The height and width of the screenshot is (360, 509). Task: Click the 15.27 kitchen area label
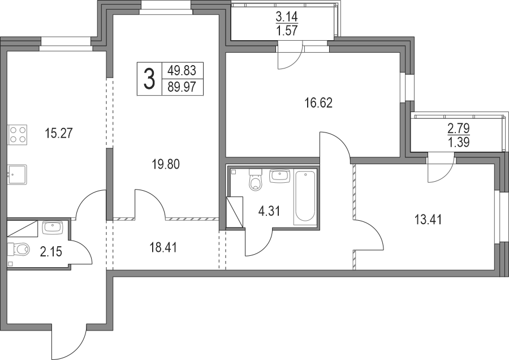click(x=59, y=134)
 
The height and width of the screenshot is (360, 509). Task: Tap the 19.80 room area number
click(x=166, y=164)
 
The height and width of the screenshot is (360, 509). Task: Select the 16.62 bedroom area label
click(x=319, y=104)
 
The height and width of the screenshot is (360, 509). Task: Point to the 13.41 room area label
click(x=428, y=220)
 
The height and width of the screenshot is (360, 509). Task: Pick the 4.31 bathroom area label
click(x=269, y=212)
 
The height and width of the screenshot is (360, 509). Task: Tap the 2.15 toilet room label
click(x=51, y=252)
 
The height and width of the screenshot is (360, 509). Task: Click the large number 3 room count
click(x=149, y=79)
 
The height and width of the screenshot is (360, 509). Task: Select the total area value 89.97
click(x=183, y=87)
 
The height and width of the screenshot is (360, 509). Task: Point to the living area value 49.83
click(x=183, y=70)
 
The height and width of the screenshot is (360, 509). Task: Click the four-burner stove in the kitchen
click(x=18, y=135)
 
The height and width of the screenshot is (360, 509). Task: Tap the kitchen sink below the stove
click(x=17, y=174)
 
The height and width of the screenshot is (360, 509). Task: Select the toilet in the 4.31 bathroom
click(x=255, y=179)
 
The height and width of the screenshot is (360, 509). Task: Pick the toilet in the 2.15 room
click(x=19, y=250)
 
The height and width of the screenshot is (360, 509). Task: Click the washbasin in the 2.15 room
click(x=52, y=228)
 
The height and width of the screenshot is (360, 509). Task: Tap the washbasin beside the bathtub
click(x=279, y=176)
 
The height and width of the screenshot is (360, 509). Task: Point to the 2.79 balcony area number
click(x=459, y=128)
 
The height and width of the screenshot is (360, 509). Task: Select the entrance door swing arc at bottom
click(x=69, y=341)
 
